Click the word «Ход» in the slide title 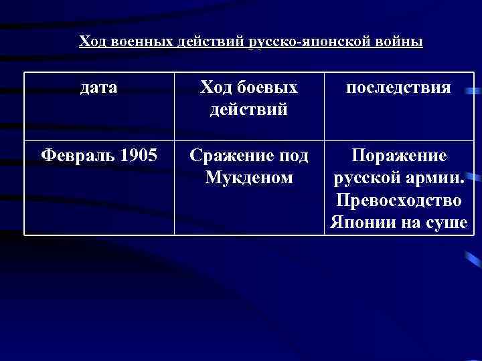(x=92, y=42)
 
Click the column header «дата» (x=98, y=88)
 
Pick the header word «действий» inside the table (x=249, y=108)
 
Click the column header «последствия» (x=398, y=88)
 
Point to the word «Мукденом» (x=249, y=178)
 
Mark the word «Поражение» (x=399, y=156)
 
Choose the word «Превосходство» (x=399, y=201)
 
